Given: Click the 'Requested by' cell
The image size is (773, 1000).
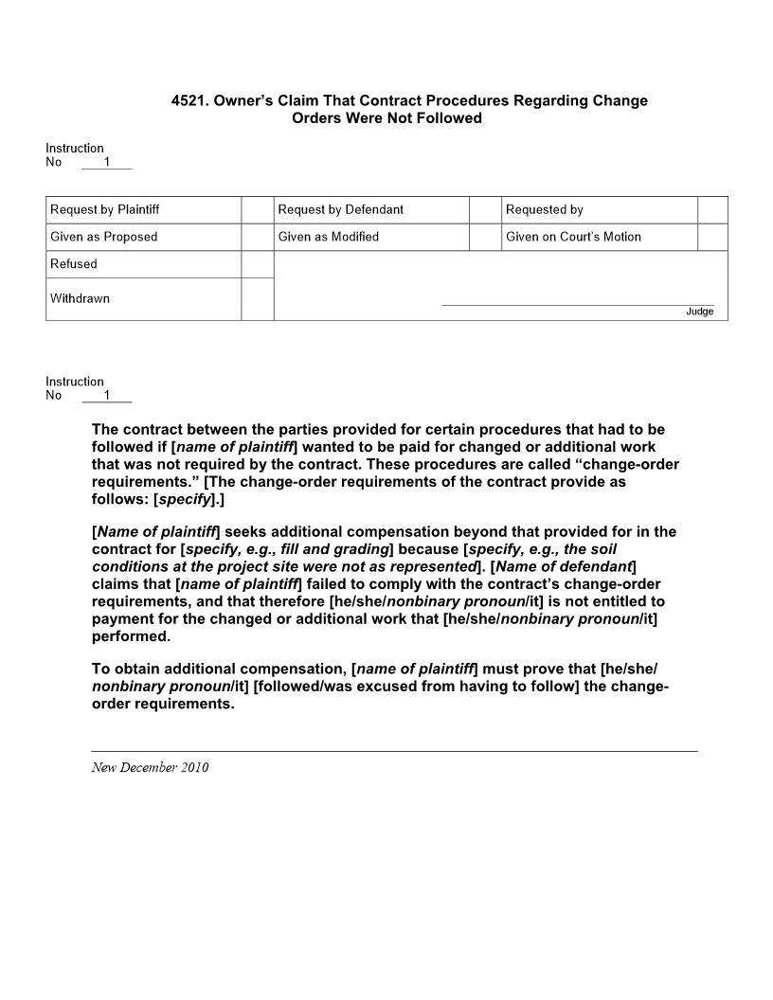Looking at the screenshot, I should tap(545, 209).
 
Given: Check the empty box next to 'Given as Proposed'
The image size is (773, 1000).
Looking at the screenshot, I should tap(257, 237).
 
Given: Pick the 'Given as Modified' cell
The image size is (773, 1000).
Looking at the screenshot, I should tap(329, 237).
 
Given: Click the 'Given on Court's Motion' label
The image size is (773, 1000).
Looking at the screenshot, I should tap(573, 237).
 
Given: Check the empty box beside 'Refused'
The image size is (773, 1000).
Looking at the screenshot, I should tap(257, 264).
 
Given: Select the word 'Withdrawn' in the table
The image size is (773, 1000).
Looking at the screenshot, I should tap(80, 298).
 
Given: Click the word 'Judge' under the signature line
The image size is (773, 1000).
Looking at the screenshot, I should tap(700, 312).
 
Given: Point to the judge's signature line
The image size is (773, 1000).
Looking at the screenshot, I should tap(578, 305).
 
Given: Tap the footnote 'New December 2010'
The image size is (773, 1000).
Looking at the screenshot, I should tap(150, 767).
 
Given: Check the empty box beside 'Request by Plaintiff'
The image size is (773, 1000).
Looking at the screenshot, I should tap(257, 209).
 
